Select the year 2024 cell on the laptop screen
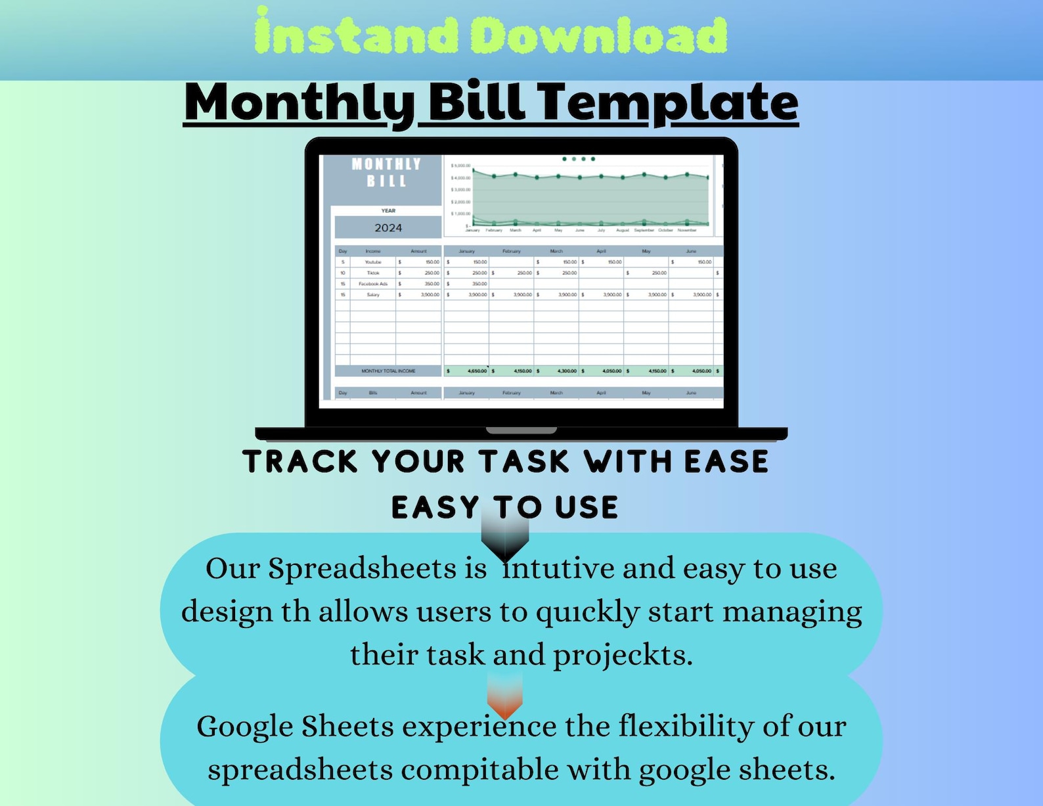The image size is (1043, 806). (x=388, y=228)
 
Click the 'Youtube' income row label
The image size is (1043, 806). (x=373, y=262)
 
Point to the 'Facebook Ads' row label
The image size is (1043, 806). (x=373, y=284)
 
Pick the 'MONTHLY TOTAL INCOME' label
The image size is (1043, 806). (x=388, y=371)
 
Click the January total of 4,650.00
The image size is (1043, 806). (x=477, y=371)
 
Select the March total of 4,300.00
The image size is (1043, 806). (x=567, y=371)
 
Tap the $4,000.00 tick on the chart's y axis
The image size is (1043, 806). (x=460, y=178)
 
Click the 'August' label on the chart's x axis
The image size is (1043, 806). (x=623, y=231)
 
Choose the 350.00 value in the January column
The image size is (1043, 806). (x=479, y=284)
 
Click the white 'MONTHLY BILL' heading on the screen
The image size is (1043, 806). (x=386, y=172)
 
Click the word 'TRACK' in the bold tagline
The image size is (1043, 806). (x=300, y=462)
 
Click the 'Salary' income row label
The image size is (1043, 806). (x=373, y=295)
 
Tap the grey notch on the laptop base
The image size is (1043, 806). (x=521, y=431)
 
